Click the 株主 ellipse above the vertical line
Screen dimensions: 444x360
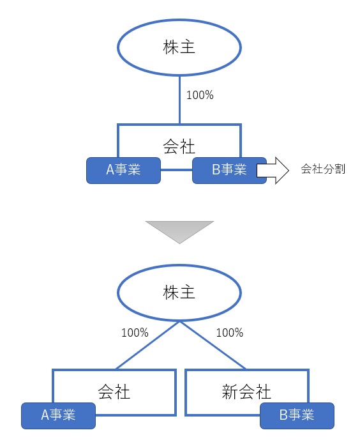(x=179, y=47)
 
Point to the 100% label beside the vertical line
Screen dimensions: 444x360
(x=199, y=96)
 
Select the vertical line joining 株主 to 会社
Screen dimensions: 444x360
(x=179, y=99)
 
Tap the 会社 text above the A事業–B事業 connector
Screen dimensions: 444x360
(x=179, y=146)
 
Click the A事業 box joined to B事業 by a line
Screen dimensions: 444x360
(x=123, y=170)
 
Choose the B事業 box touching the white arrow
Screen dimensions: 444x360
(x=229, y=170)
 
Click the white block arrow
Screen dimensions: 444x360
(x=273, y=171)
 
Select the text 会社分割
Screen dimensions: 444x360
(x=322, y=171)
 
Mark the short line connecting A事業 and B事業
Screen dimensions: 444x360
(x=176, y=171)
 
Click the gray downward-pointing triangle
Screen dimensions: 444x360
(x=179, y=230)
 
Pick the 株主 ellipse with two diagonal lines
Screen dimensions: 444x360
(x=179, y=293)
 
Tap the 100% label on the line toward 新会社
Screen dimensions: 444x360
(x=230, y=333)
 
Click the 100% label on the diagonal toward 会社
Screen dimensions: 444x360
(x=135, y=333)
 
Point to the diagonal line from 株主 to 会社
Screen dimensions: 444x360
(x=147, y=345)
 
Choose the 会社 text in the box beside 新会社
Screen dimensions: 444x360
(x=114, y=392)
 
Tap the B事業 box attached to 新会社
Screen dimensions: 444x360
(x=297, y=415)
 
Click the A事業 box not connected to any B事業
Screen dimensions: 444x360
(x=58, y=415)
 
